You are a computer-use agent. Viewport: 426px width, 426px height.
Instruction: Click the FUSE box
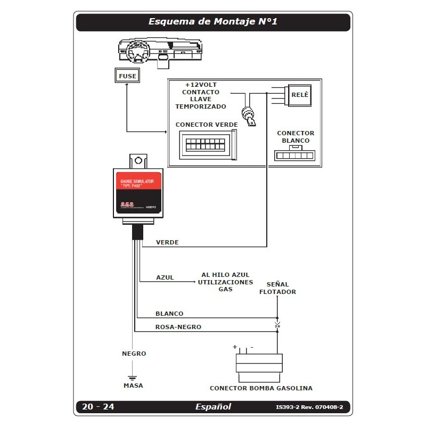tap(127, 76)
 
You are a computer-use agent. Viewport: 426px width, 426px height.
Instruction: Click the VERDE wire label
tap(167, 242)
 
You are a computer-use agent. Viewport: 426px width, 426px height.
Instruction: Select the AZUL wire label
tap(165, 278)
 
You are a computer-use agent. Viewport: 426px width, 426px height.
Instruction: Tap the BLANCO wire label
tap(169, 314)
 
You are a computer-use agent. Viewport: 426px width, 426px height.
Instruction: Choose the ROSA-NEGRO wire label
tap(178, 327)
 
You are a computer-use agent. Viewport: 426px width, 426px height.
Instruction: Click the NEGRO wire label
tap(134, 354)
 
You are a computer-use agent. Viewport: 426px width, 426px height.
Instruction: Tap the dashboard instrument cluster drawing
tap(160, 52)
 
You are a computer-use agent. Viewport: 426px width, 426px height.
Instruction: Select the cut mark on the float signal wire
tap(277, 324)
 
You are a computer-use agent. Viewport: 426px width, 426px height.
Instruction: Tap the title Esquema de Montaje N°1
tap(213, 22)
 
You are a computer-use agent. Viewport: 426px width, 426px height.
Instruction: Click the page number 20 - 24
tap(98, 407)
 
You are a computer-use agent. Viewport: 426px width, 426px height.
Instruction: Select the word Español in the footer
tap(213, 407)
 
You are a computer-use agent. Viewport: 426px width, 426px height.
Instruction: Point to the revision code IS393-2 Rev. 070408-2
tap(309, 407)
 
